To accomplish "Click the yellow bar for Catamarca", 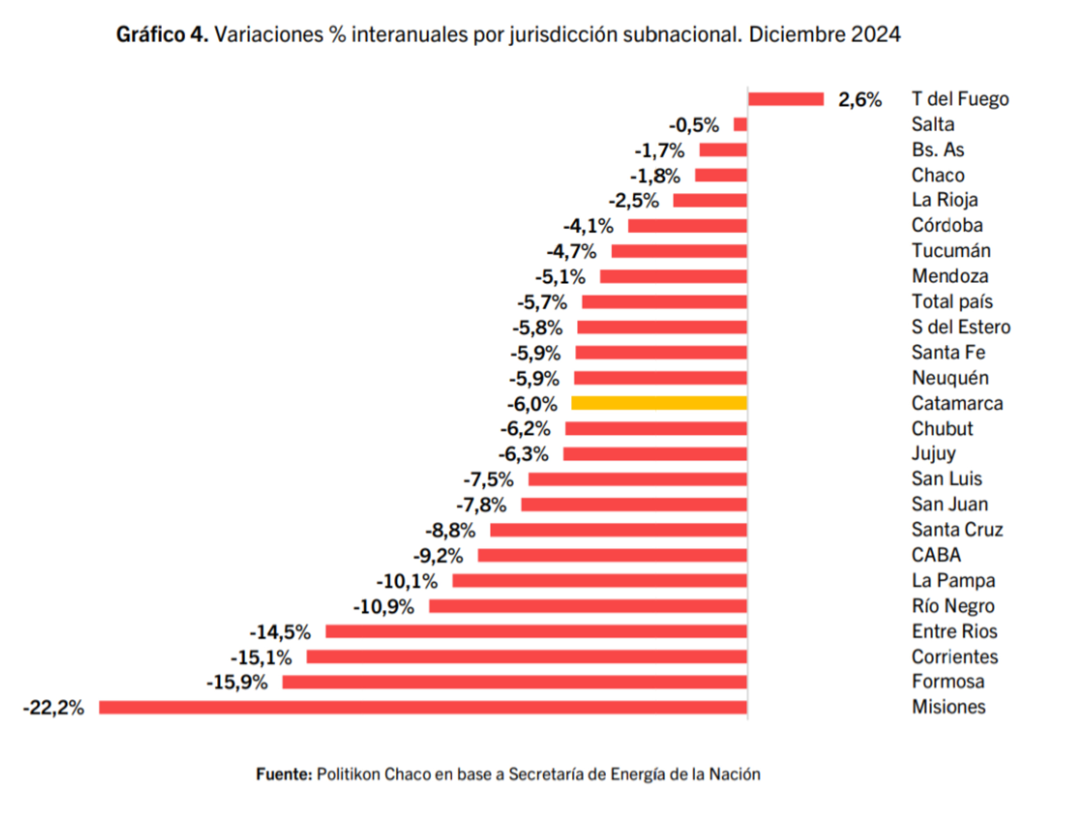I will [659, 403].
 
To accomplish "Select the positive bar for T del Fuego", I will [785, 99].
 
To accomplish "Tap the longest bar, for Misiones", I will [423, 707].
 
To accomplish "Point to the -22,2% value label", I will [53, 708].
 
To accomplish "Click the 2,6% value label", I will [860, 100].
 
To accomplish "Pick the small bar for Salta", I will [740, 124].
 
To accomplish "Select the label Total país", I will [952, 301].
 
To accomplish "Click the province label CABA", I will [936, 555].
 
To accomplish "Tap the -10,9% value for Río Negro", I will [383, 606].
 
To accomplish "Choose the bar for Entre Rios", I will [536, 631].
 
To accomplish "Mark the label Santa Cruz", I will [957, 529].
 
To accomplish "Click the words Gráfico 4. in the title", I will [162, 34].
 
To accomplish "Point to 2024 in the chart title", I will [875, 34].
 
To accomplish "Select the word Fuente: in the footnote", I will [284, 774].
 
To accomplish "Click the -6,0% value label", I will [532, 404].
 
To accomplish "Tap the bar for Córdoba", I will [687, 226].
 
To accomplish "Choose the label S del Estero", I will [961, 327].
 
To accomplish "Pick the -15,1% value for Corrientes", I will [261, 657].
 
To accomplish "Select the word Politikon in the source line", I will [348, 774].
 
